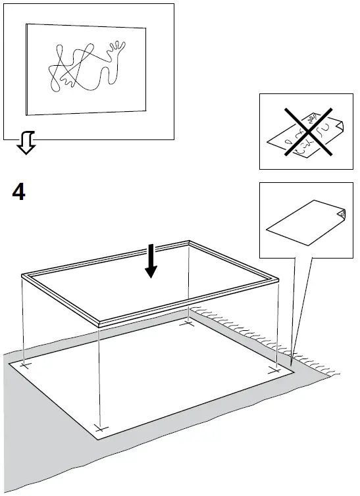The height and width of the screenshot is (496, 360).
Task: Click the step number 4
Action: [x=19, y=193]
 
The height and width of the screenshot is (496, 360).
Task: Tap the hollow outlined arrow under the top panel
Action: [x=26, y=143]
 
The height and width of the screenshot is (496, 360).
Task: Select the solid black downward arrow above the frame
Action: [x=151, y=260]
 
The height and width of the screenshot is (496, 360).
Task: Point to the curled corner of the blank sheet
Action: [x=340, y=213]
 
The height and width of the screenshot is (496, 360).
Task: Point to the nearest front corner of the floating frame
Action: [x=99, y=323]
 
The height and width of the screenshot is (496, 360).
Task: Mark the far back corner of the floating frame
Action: [x=190, y=243]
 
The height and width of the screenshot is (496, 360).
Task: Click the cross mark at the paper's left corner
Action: [x=25, y=364]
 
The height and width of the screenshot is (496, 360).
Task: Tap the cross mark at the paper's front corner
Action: [x=99, y=428]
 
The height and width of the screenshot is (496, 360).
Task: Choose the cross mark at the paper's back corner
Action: [x=189, y=323]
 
